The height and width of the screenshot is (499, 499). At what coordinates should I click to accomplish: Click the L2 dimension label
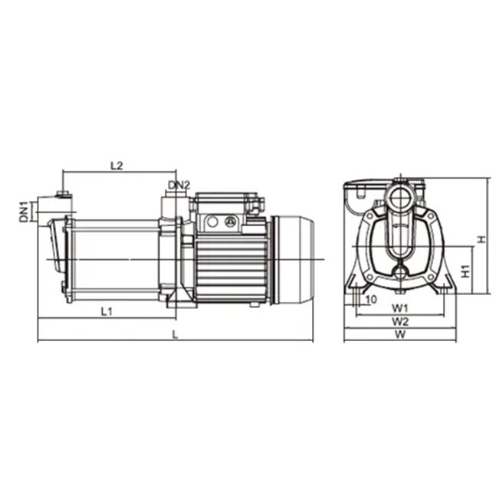117,166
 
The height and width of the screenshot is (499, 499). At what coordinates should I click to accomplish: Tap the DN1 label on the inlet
24,212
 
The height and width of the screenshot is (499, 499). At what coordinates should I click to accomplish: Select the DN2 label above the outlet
179,185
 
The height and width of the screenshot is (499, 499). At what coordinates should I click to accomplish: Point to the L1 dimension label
107,311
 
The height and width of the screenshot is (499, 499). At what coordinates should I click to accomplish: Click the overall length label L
175,334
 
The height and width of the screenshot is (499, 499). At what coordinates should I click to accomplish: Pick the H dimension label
482,239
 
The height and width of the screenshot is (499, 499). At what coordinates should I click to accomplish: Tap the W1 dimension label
399,307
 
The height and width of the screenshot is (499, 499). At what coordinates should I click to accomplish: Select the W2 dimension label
399,322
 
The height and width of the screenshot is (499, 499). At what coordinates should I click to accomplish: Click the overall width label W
400,334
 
